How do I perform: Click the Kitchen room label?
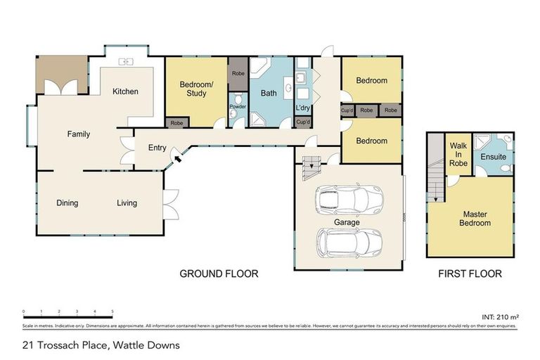point(126,91)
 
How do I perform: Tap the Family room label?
point(79,134)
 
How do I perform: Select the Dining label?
point(67,203)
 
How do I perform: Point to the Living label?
point(127,203)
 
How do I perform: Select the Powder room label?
point(237,107)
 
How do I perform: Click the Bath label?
point(269,93)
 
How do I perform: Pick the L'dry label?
point(304,108)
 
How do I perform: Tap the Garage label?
point(347,222)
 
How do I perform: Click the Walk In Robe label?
point(458,154)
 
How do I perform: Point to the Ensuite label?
point(493,157)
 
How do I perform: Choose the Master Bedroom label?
point(475,218)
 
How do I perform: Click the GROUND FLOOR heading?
point(219,274)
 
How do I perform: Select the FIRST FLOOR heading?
point(470,274)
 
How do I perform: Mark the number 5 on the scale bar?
point(112,311)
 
